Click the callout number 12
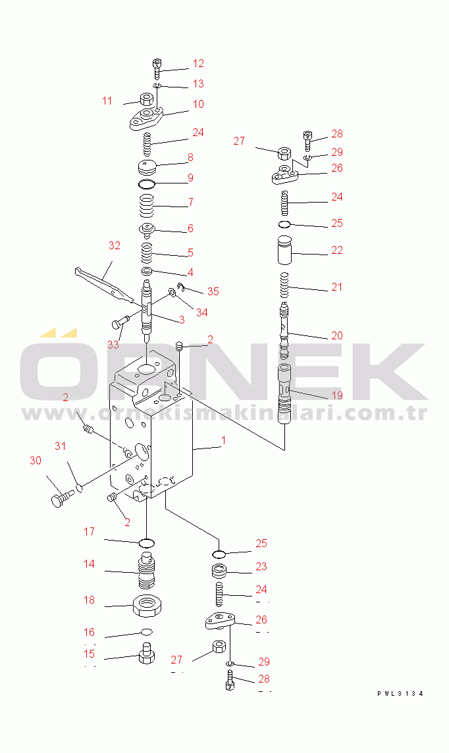click(x=198, y=63)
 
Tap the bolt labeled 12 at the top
click(x=157, y=68)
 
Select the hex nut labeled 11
click(x=145, y=100)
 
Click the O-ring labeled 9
click(x=146, y=184)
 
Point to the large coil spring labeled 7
click(x=146, y=206)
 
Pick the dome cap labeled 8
click(x=147, y=168)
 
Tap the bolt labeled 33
click(x=120, y=321)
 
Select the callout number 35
click(x=213, y=291)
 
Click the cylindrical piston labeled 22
click(x=285, y=250)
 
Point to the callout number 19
click(x=337, y=395)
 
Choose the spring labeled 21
click(x=284, y=285)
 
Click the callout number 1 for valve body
click(x=223, y=440)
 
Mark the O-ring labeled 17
click(x=146, y=544)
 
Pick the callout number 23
click(x=261, y=567)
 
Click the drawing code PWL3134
click(x=400, y=693)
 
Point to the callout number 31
click(x=60, y=446)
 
